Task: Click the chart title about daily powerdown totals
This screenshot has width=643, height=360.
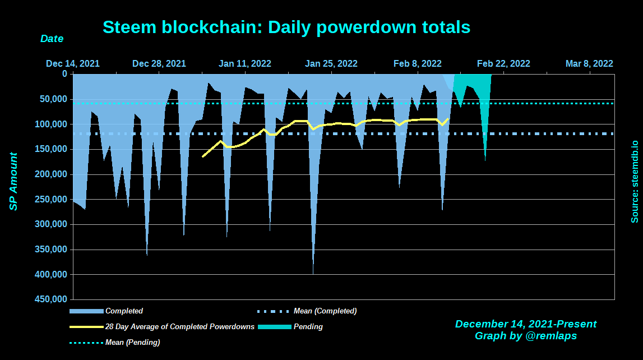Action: tap(286, 27)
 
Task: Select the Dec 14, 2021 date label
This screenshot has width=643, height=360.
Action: tap(73, 64)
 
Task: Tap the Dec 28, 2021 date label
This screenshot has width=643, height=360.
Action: tap(159, 64)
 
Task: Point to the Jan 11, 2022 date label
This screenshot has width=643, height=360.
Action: tap(245, 64)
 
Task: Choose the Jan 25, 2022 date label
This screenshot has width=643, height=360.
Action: tap(331, 64)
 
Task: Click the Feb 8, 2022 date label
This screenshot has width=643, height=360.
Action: tap(418, 64)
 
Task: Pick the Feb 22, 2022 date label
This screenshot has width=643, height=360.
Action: tap(503, 64)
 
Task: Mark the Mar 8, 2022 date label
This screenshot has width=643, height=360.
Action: tap(589, 64)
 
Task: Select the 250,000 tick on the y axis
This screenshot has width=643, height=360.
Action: tap(54, 200)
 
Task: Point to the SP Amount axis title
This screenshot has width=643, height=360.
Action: tap(13, 182)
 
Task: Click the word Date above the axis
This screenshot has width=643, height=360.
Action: tap(52, 39)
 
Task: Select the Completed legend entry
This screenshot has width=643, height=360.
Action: tap(124, 311)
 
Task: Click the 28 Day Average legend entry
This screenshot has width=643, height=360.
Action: tap(179, 326)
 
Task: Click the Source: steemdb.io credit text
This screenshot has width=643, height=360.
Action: tap(635, 182)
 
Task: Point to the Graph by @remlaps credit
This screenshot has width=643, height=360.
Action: tap(526, 336)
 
